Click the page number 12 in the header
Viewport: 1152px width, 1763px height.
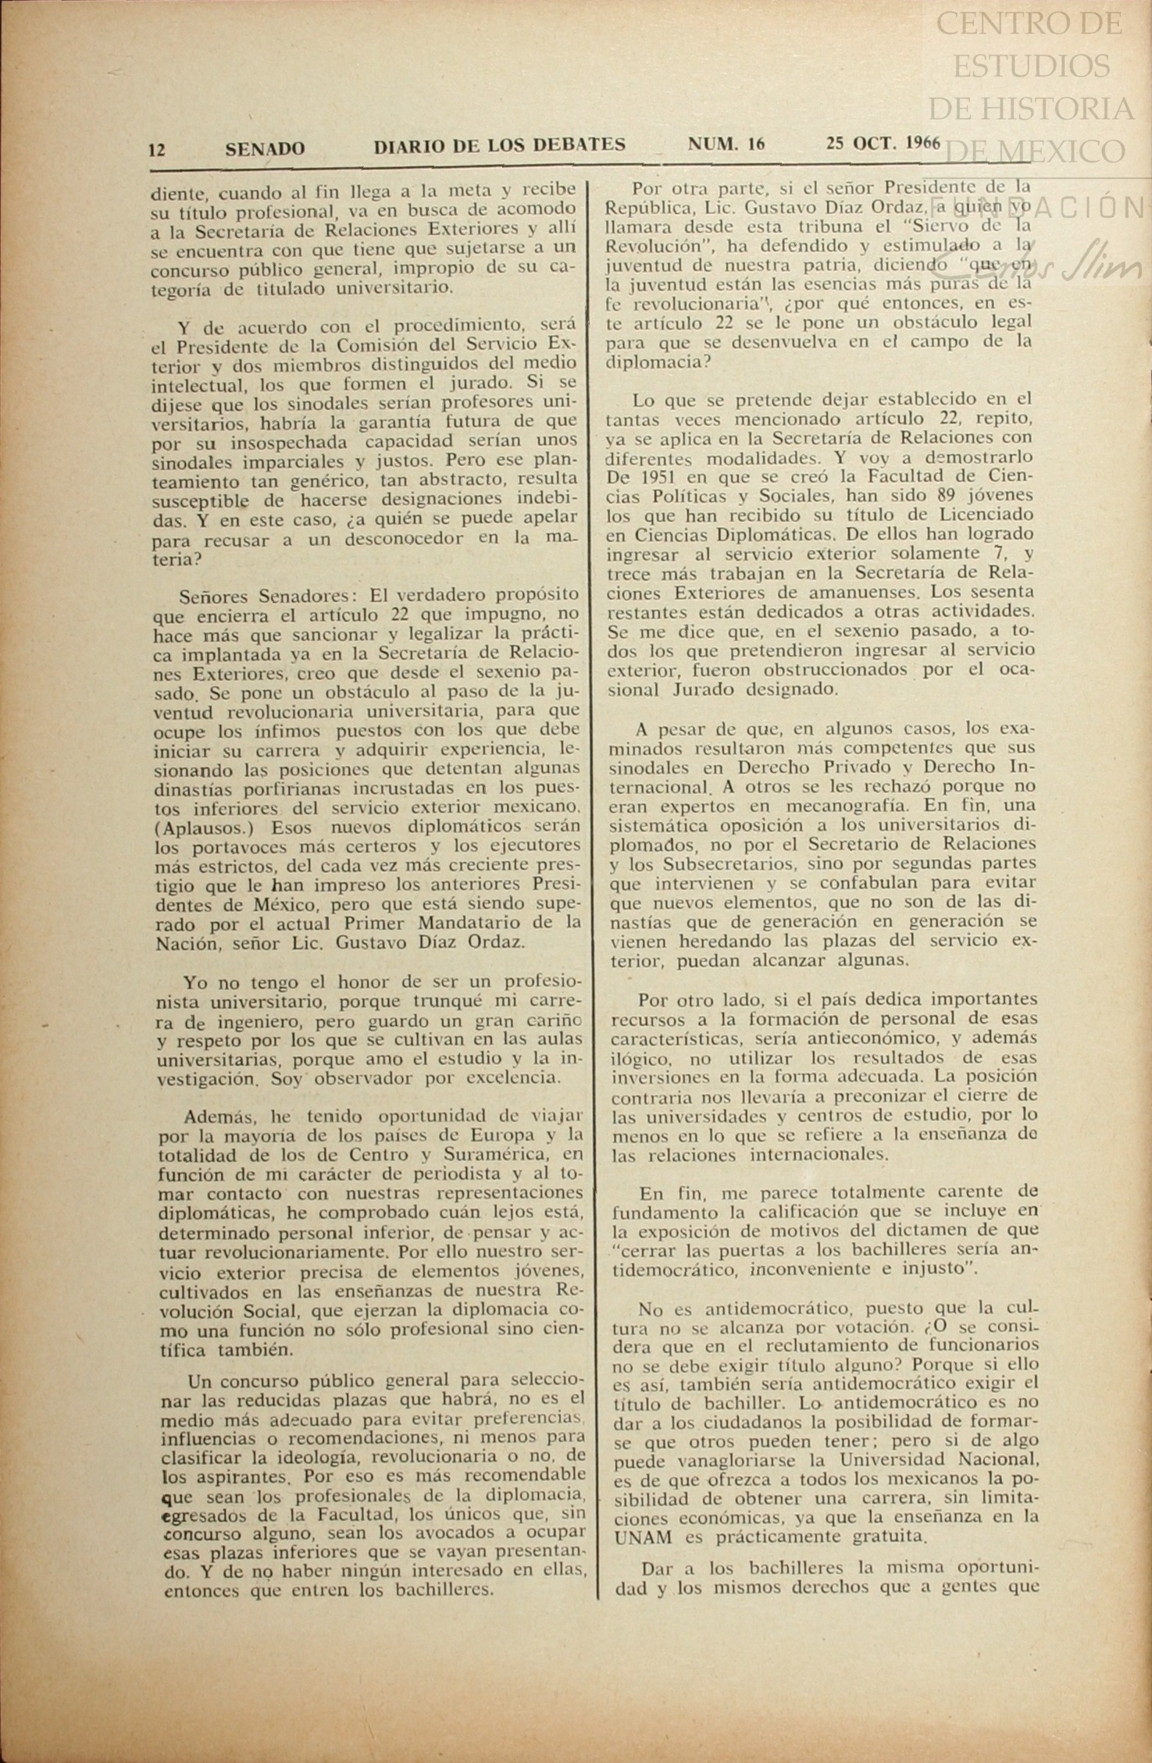point(157,149)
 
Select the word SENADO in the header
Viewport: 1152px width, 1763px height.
point(265,148)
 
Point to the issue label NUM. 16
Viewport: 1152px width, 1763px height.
point(726,144)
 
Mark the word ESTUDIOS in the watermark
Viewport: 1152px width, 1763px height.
point(1031,66)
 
